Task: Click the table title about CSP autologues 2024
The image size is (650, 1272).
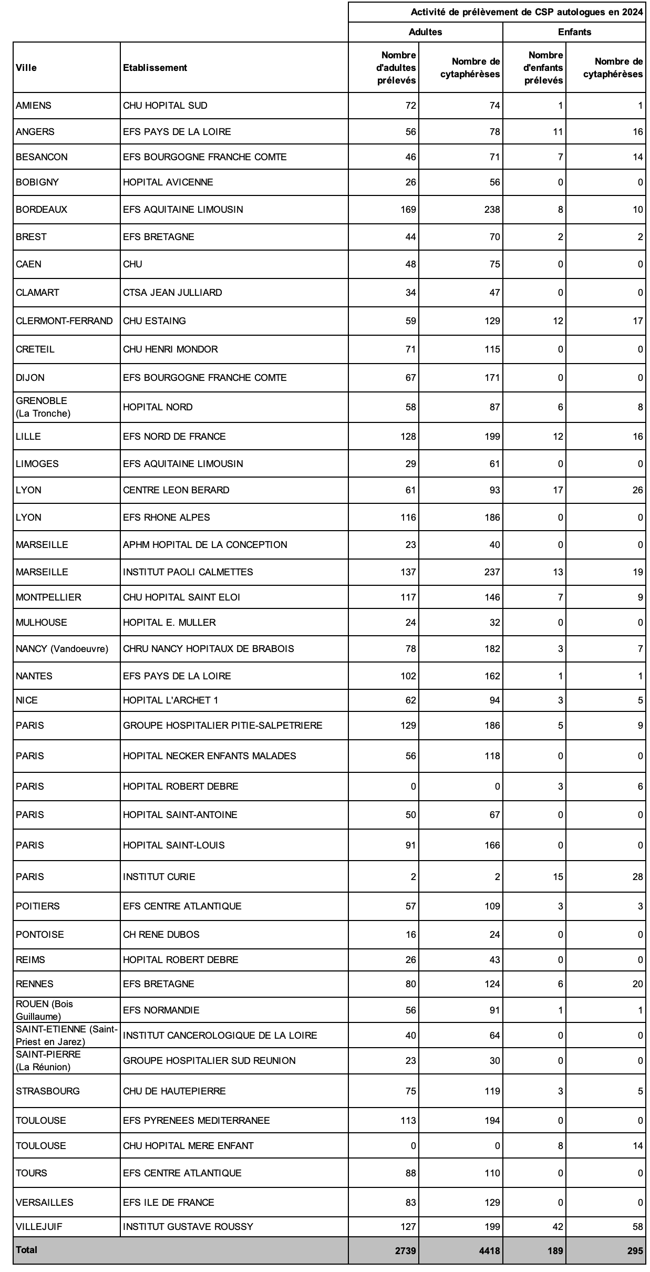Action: click(x=527, y=13)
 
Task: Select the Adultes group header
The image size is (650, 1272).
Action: click(x=425, y=32)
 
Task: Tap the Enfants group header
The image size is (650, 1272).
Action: click(x=574, y=32)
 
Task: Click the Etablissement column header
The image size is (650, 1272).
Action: click(x=155, y=67)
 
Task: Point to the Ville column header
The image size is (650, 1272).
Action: click(x=26, y=67)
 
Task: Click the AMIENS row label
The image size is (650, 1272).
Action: click(x=34, y=106)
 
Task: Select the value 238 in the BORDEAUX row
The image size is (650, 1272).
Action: click(x=492, y=210)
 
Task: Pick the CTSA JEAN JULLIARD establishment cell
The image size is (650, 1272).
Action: click(x=172, y=293)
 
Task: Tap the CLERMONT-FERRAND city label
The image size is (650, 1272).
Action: click(x=64, y=321)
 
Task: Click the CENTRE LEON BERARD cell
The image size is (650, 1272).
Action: click(x=176, y=490)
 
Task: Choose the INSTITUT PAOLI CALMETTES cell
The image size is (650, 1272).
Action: click(x=188, y=572)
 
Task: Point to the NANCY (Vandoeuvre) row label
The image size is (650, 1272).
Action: click(x=62, y=649)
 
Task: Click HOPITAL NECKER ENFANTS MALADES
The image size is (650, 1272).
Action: click(x=209, y=756)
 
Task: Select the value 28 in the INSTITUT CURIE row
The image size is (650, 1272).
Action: click(x=637, y=877)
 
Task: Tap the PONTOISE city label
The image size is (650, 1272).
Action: click(x=40, y=935)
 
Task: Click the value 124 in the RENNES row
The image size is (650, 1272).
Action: click(x=492, y=984)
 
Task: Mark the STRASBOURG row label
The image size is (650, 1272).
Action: click(x=48, y=1091)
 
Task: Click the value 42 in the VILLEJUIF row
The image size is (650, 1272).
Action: click(x=557, y=1227)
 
